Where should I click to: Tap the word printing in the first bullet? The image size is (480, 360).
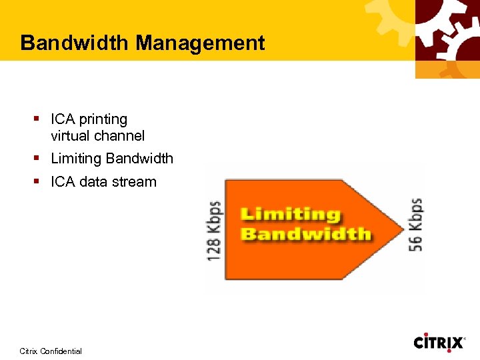pyautogui.click(x=103, y=120)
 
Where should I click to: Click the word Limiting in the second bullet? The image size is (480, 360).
pyautogui.click(x=76, y=159)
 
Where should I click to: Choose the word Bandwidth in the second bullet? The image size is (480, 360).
pyautogui.click(x=139, y=159)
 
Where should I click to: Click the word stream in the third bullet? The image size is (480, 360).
pyautogui.click(x=136, y=182)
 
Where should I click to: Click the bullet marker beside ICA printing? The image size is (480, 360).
pyautogui.click(x=37, y=119)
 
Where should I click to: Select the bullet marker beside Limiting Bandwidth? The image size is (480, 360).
pyautogui.click(x=37, y=159)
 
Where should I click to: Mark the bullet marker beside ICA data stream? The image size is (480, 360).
pyautogui.click(x=37, y=181)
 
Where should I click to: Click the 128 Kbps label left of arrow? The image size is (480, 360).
pyautogui.click(x=215, y=231)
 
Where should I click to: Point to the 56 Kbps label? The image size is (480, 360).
pyautogui.click(x=415, y=224)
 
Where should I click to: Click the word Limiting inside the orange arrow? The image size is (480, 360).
pyautogui.click(x=290, y=215)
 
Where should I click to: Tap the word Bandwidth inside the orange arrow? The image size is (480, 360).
pyautogui.click(x=305, y=234)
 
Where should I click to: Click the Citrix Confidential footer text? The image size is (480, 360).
pyautogui.click(x=51, y=351)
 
